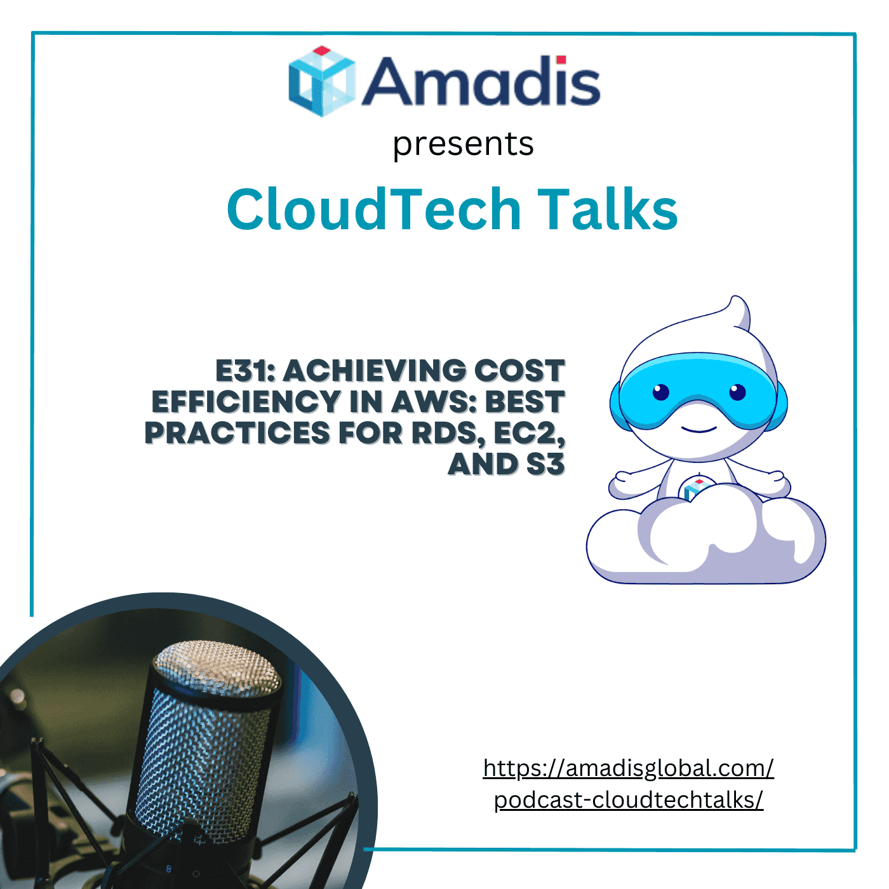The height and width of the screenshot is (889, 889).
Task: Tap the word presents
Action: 463,144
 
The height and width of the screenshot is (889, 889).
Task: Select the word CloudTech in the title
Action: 373,209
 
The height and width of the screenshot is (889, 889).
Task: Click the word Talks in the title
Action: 608,209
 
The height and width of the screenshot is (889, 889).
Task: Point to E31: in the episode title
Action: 245,371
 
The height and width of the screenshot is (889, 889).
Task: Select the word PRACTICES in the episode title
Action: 237,433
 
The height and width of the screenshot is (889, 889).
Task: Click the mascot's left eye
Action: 660,392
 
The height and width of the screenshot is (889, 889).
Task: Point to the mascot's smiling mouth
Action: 698,429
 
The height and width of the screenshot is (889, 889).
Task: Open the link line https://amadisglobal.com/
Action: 628,768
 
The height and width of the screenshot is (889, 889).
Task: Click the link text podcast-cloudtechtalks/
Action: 628,800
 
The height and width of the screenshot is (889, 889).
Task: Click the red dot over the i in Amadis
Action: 561,60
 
